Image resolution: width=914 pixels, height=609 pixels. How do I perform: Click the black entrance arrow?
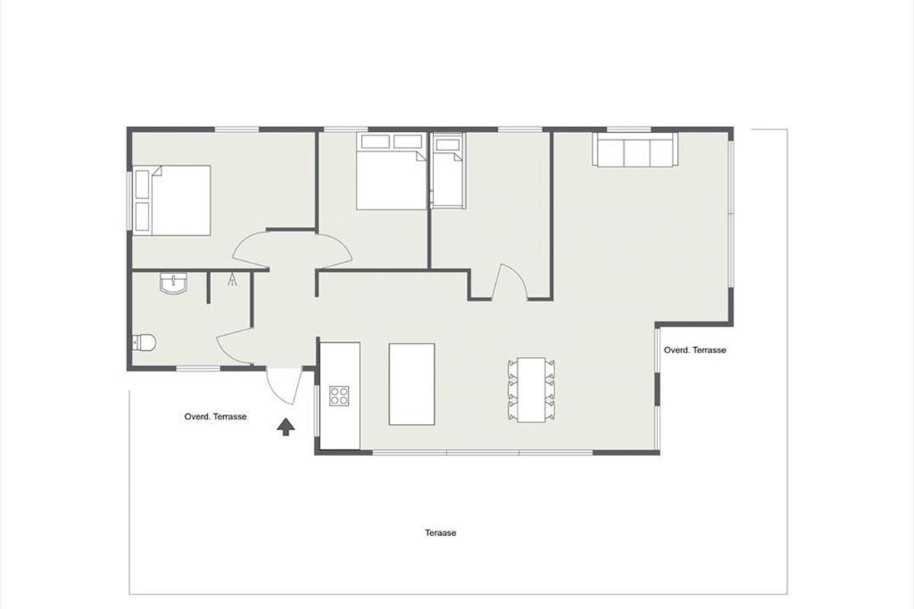point(286,426)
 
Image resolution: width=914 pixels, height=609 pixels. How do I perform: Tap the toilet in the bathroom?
point(144,343)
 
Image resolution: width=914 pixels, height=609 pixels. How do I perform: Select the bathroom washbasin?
point(174,283)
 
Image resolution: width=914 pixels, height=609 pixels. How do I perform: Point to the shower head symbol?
point(232,279)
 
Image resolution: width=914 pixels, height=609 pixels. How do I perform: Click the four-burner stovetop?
point(339,396)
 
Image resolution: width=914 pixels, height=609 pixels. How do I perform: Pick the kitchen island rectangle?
point(412,384)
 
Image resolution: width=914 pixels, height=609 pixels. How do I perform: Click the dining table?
point(532,390)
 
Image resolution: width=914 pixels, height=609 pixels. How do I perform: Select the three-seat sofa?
point(635,149)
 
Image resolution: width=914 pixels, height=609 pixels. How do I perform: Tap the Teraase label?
point(441,533)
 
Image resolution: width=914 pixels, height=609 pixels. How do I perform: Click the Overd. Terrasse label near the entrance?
point(216,416)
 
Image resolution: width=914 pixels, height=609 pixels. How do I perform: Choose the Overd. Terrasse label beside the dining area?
point(695,350)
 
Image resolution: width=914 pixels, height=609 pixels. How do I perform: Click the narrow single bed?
point(449,171)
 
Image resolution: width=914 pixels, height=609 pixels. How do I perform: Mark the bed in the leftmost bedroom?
point(172,200)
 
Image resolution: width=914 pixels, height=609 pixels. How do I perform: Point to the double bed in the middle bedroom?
point(391,171)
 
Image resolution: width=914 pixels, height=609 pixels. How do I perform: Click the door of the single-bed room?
point(510,282)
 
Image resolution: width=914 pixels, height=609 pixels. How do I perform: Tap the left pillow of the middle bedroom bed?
point(376,142)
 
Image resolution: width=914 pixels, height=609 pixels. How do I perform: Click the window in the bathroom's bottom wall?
point(198,368)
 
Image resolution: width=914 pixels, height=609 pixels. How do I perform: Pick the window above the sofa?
point(629,129)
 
